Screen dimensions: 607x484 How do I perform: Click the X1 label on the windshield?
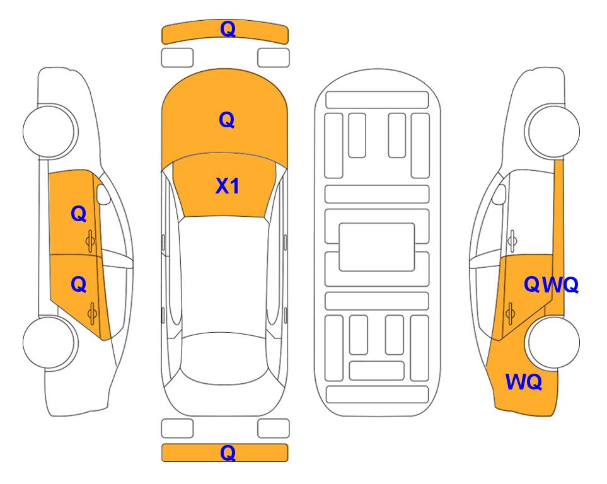click(227, 186)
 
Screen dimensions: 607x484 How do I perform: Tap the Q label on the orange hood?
click(227, 120)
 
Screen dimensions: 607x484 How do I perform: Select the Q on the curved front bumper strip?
click(228, 29)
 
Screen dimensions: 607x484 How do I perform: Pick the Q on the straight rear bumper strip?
click(228, 452)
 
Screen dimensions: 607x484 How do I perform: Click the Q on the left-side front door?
click(79, 214)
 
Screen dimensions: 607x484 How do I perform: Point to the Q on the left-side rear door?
click(79, 285)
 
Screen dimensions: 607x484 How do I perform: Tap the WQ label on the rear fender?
click(524, 382)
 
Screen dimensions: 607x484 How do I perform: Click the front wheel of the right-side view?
click(552, 131)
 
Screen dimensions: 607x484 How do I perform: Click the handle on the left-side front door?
click(91, 241)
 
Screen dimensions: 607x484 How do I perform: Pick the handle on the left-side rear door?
click(92, 314)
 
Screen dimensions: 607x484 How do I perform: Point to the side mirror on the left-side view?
click(103, 194)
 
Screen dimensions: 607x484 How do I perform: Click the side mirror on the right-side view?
click(499, 194)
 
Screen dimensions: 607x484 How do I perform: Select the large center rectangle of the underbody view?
click(377, 247)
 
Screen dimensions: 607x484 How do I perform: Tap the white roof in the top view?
click(224, 275)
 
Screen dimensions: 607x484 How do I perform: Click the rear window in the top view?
click(224, 359)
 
